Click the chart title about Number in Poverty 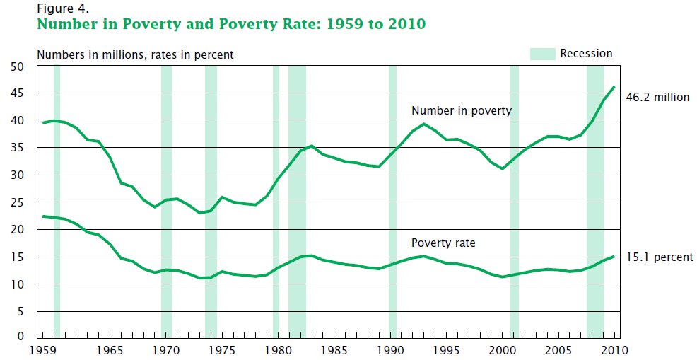point(231,25)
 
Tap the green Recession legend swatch point(541,54)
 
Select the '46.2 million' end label point(657,98)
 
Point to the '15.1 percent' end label point(660,257)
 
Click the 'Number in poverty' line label point(461,111)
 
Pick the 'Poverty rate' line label point(443,243)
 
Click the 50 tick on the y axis point(17,66)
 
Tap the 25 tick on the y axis point(17,203)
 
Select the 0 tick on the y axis point(20,337)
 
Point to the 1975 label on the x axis point(223,350)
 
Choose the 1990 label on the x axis point(390,350)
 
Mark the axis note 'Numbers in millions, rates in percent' point(135,54)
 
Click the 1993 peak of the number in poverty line point(423,124)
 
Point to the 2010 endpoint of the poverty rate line point(614,256)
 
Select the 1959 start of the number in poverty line point(44,123)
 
